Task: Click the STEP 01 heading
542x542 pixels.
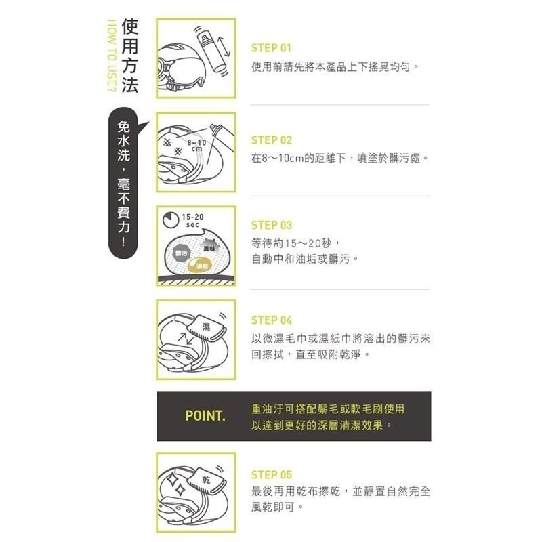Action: (271, 49)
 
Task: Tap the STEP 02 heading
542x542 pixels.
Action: (271, 140)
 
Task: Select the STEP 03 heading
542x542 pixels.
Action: (271, 226)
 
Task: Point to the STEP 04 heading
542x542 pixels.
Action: (271, 320)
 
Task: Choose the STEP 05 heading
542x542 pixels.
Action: (271, 475)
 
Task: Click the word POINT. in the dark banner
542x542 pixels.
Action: (205, 415)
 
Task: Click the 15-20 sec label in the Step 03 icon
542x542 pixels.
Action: (192, 220)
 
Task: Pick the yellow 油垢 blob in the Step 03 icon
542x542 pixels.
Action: (201, 266)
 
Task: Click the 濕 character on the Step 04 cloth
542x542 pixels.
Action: (206, 327)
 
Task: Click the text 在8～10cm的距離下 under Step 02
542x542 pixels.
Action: (298, 158)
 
